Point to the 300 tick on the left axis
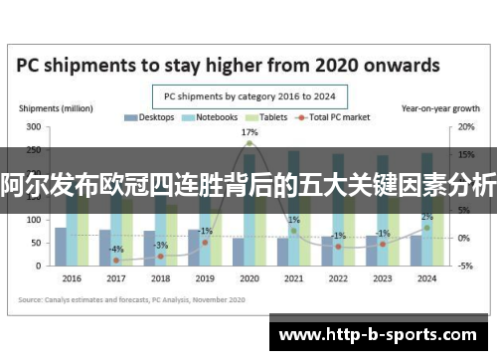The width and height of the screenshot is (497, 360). click(x=34, y=127)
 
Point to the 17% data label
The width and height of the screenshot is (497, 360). click(x=249, y=132)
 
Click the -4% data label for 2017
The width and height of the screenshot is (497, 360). click(x=116, y=249)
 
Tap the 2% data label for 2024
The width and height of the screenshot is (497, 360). click(x=426, y=217)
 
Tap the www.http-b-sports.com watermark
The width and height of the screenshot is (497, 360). click(x=383, y=331)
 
